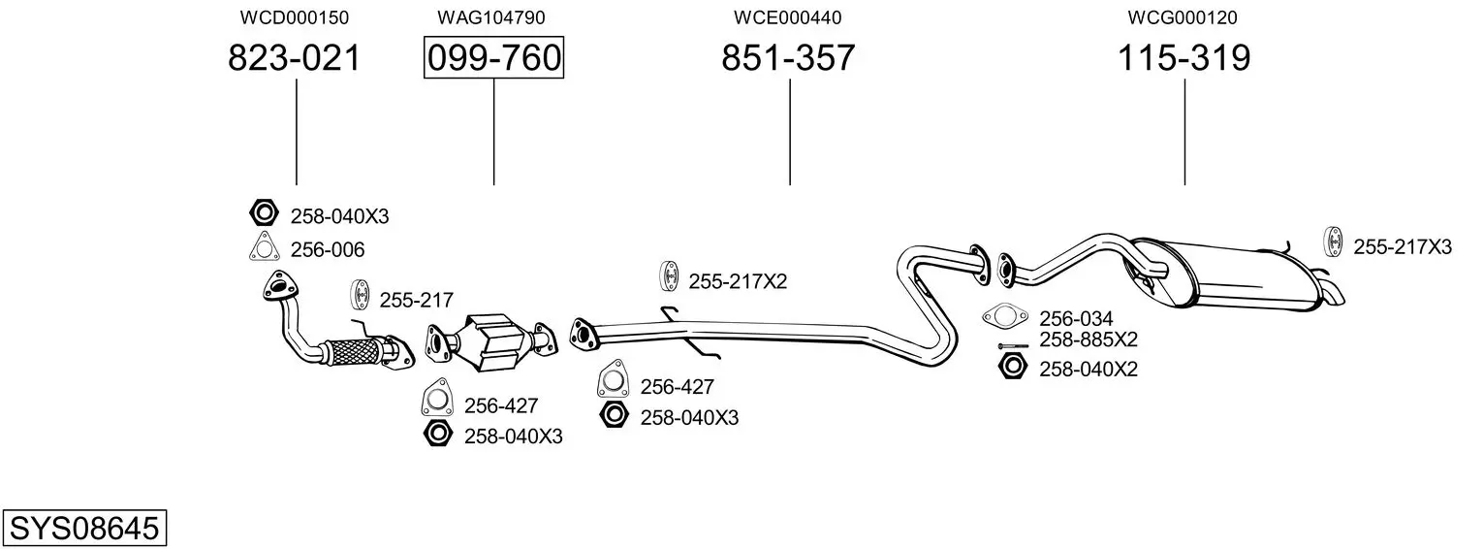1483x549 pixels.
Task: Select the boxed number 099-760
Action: [494, 57]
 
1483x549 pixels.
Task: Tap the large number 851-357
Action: [788, 57]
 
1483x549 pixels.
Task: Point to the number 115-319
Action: [1183, 57]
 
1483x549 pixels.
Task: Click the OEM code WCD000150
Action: [294, 17]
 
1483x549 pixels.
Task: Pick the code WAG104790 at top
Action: [491, 17]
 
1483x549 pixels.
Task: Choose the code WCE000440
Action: [787, 17]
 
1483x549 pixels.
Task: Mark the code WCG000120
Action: [1183, 17]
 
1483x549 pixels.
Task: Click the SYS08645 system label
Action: [84, 529]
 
